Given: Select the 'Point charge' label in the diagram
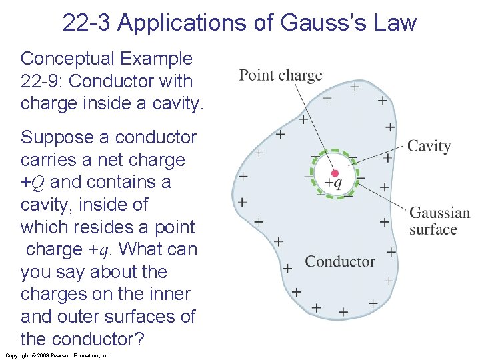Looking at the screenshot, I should point(280,75).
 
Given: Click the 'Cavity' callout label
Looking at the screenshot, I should point(429,146).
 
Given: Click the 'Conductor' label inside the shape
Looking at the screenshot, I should point(340,261).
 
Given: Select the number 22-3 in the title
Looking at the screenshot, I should point(87,23).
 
